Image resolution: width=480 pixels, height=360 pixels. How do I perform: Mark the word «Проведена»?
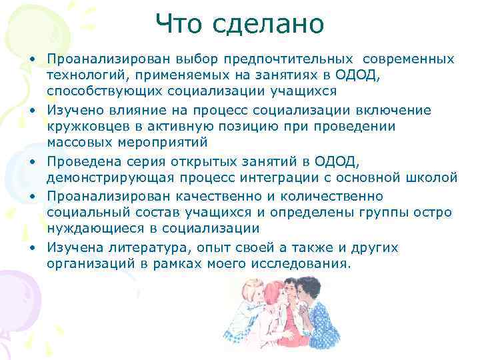point(84,161)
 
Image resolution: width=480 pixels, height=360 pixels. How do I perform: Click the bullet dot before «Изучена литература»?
point(32,247)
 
